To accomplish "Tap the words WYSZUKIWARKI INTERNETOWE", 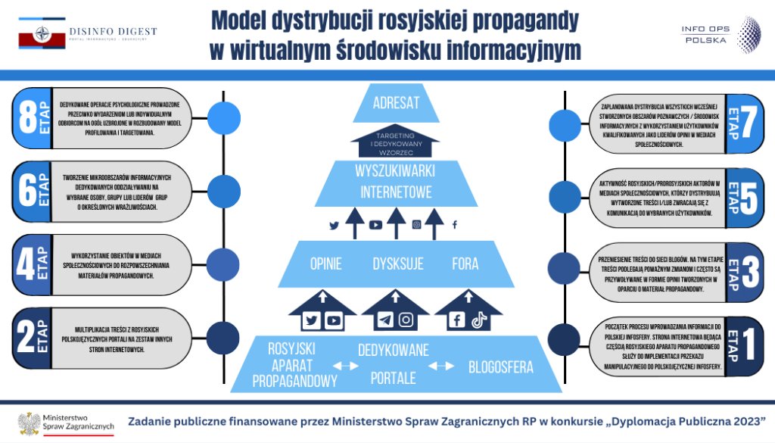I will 394,181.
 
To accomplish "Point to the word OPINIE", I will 326,264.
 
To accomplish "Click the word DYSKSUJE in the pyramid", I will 397,264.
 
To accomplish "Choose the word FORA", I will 465,264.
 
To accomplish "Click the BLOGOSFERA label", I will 500,367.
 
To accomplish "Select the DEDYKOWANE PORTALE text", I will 393,363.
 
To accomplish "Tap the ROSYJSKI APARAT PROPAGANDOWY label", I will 294,365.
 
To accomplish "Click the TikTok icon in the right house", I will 478,320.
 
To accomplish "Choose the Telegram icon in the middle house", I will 385,320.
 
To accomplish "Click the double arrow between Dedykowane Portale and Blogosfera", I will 441,367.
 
